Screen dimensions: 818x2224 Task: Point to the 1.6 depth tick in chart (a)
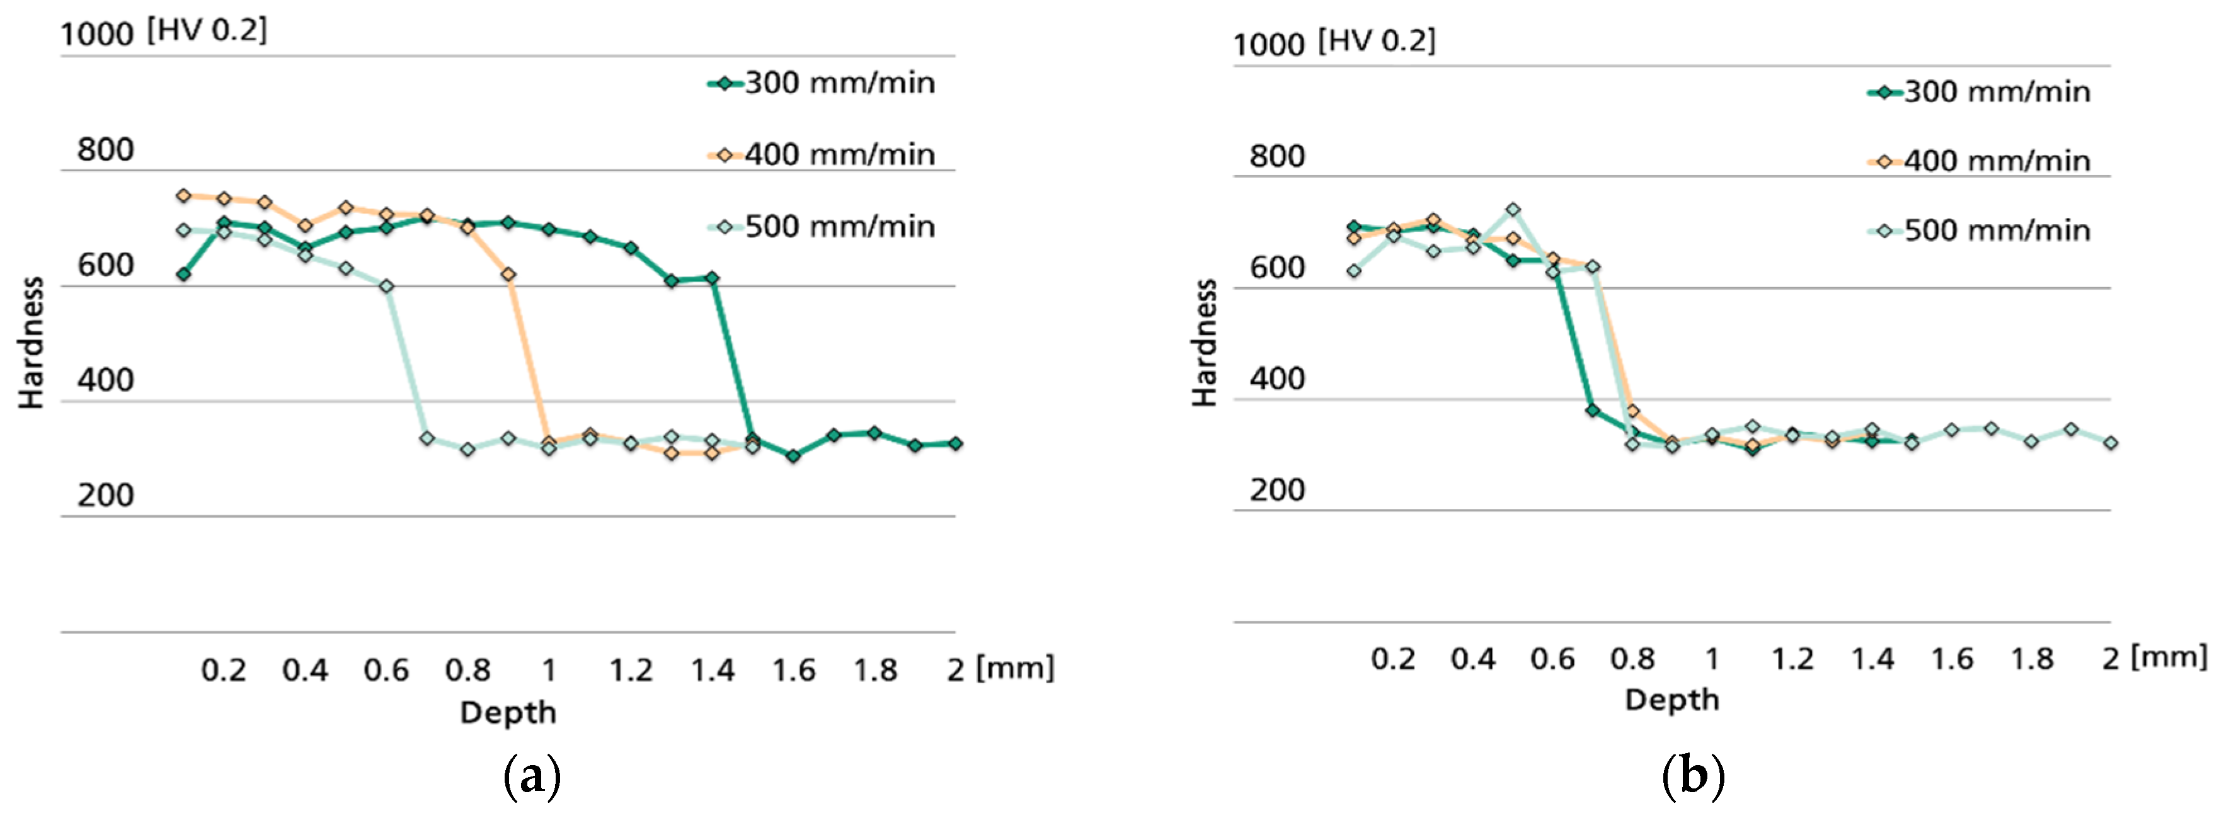pos(793,669)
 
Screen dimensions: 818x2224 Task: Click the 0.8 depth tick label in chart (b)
pos(1632,659)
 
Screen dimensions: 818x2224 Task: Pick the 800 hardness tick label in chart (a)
pos(105,150)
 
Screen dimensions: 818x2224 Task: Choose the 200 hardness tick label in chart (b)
pos(1277,490)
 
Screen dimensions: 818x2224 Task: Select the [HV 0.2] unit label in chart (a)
pos(207,30)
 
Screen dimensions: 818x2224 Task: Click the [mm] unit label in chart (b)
pos(2168,657)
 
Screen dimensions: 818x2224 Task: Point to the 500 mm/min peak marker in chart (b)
pos(1513,210)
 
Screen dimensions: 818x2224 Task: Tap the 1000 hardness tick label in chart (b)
pos(1268,45)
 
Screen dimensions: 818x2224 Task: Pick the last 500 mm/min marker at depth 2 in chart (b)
pos(2110,443)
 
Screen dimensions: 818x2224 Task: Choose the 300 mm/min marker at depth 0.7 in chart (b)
pos(1592,411)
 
